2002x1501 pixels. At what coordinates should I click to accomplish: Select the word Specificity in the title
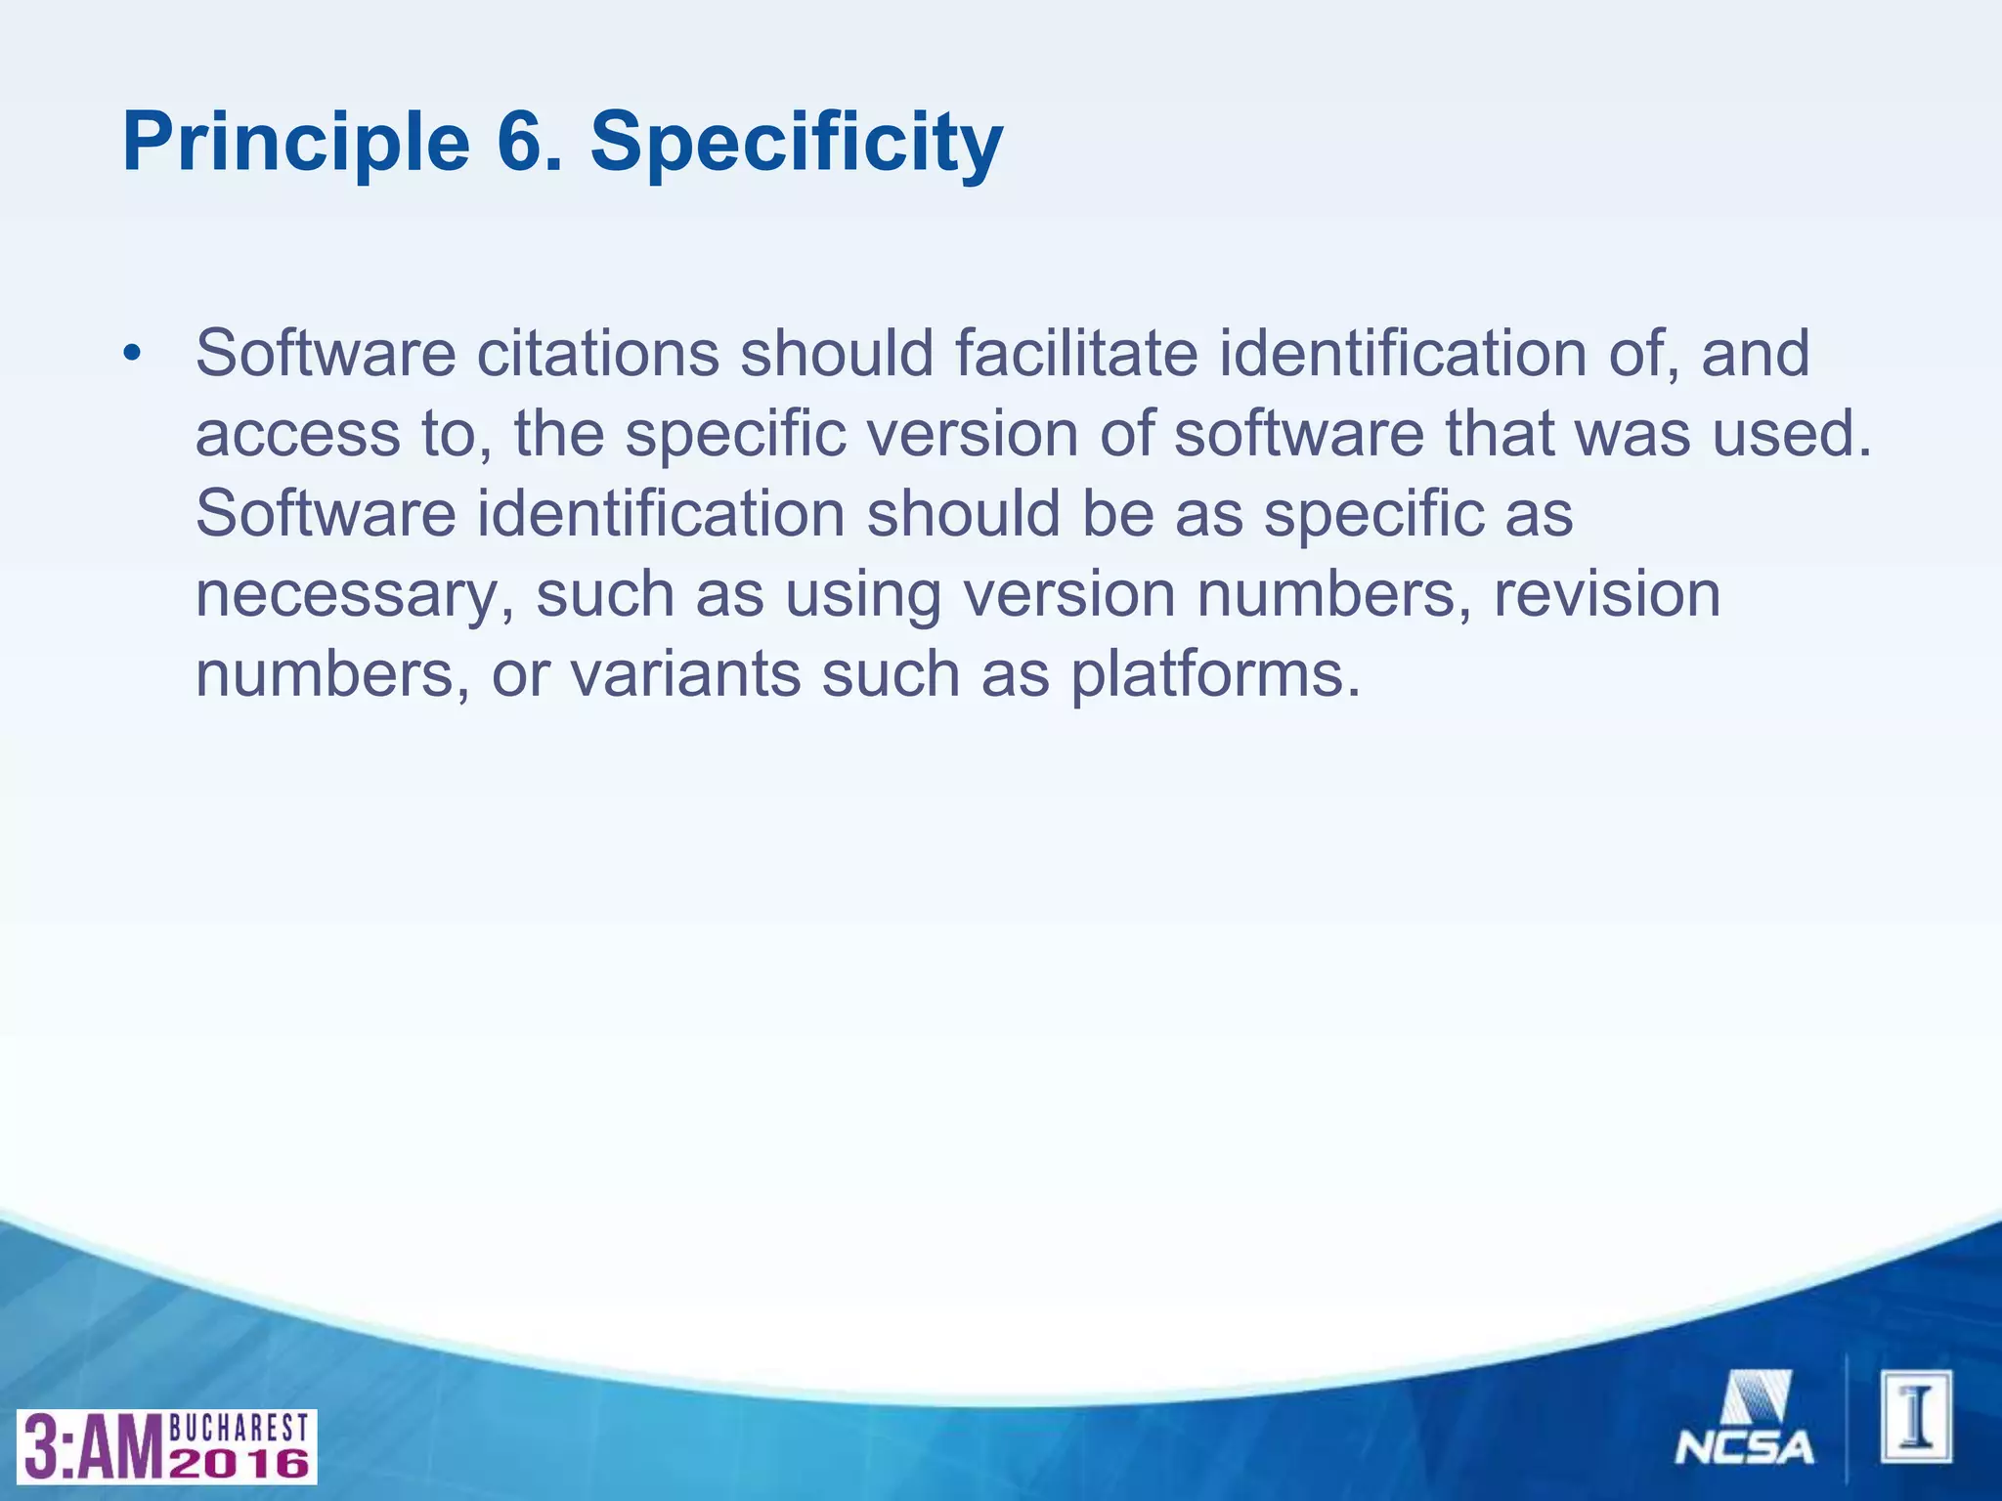(796, 143)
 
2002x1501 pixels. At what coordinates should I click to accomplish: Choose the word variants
(684, 675)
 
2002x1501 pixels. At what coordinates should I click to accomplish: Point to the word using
(862, 595)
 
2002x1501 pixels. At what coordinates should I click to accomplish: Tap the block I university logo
(1915, 1416)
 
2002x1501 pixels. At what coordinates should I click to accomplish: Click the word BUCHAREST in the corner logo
(239, 1428)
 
